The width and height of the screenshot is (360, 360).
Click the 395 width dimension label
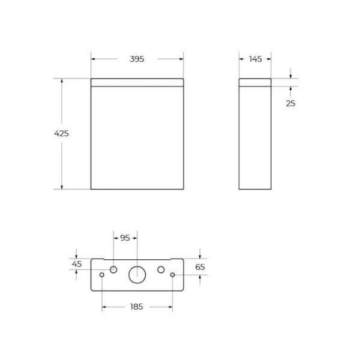[x=137, y=59]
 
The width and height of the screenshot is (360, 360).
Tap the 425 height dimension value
[x=61, y=133]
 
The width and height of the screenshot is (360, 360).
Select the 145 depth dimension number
[x=255, y=59]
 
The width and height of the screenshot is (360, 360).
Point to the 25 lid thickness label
[x=290, y=103]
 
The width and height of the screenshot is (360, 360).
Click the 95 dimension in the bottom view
[x=125, y=238]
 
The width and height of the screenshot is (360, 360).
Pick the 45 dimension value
[x=77, y=264]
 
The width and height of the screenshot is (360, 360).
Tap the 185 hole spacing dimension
[x=137, y=307]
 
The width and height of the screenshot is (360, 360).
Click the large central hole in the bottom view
[x=137, y=274]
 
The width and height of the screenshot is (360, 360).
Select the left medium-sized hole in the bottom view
[x=113, y=269]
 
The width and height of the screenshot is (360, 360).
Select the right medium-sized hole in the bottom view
[x=161, y=269]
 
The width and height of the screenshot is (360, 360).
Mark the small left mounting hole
[x=102, y=275]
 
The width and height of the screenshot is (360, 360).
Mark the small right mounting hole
[x=173, y=275]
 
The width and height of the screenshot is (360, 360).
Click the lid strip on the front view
[x=137, y=83]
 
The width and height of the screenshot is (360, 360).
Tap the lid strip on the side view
[x=255, y=83]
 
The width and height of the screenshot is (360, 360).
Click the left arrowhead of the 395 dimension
[x=94, y=59]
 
